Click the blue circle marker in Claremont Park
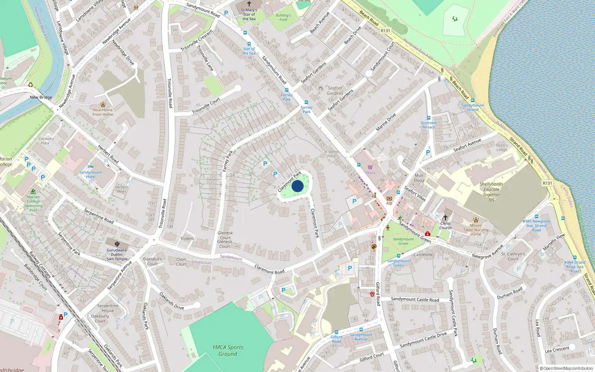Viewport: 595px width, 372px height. (297, 186)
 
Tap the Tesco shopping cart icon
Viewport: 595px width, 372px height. (370, 167)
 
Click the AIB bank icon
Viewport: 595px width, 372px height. (389, 199)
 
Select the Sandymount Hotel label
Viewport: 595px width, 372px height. (90, 174)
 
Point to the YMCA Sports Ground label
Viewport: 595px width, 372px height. (228, 350)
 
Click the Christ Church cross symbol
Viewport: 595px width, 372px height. (445, 217)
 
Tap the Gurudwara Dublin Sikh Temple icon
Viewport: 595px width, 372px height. (117, 244)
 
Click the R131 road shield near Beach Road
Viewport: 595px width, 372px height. (385, 31)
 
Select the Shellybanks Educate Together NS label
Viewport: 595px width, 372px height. (491, 192)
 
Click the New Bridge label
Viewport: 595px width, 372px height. (41, 97)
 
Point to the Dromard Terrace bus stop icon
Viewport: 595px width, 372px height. (428, 118)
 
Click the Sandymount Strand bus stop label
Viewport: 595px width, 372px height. (473, 108)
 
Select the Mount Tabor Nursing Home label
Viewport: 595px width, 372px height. (476, 230)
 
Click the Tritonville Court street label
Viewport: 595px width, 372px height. (206, 106)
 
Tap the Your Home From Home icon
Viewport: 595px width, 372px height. (103, 105)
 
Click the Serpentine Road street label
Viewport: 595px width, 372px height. (99, 216)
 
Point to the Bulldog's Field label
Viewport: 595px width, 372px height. (283, 17)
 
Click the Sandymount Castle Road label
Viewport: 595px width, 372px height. (415, 299)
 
